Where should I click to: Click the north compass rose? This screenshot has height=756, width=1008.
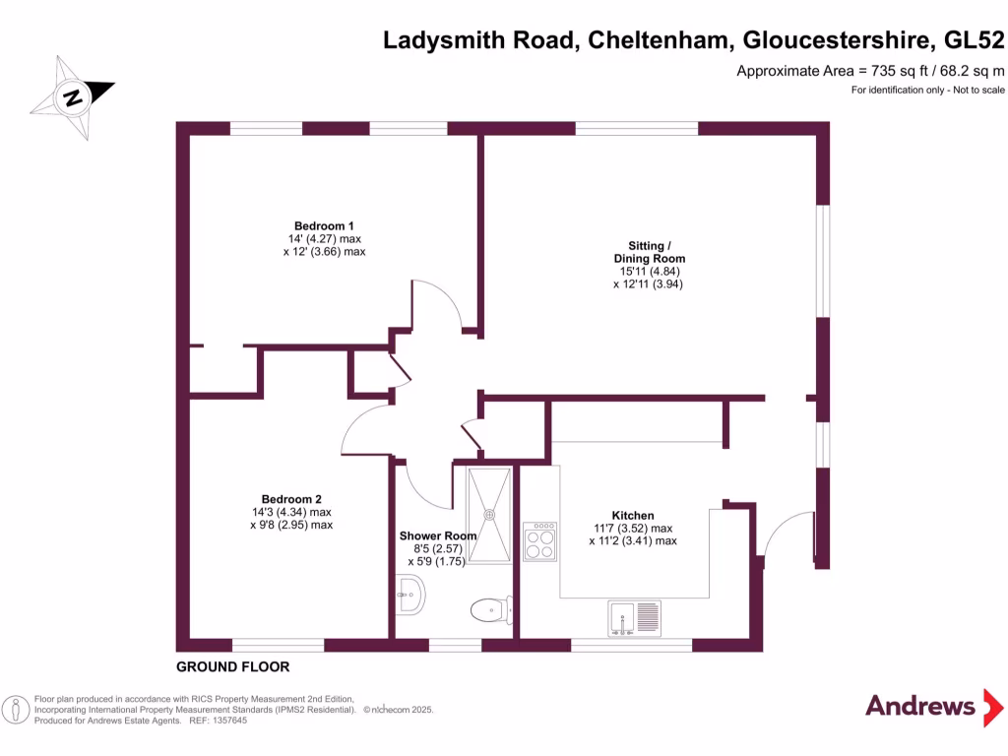72,95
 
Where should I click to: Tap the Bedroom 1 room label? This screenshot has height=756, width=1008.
324,224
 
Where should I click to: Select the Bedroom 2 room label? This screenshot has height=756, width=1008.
291,498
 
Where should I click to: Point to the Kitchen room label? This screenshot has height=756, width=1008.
633,515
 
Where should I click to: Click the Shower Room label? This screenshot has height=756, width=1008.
437,535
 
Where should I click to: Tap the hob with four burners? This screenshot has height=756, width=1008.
539,541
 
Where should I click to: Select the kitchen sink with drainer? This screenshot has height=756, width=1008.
635,617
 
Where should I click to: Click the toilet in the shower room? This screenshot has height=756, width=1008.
488,610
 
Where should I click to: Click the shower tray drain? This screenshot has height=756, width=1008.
489,511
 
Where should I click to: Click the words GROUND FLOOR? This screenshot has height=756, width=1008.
232,666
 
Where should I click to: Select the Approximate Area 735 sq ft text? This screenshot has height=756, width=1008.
870,71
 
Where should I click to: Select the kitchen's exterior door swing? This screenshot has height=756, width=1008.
787,536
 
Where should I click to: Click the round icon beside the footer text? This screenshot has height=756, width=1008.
16,709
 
